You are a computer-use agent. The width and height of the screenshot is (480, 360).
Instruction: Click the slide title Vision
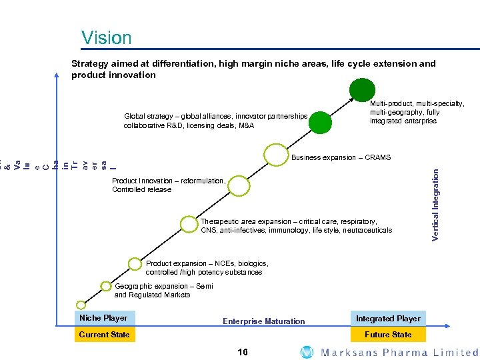pyautogui.click(x=107, y=37)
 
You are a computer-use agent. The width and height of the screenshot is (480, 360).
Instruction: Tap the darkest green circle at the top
pyautogui.click(x=363, y=89)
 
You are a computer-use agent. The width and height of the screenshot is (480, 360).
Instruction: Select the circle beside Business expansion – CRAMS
pyautogui.click(x=275, y=155)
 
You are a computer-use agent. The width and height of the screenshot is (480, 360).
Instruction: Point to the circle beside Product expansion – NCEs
pyautogui.click(x=135, y=264)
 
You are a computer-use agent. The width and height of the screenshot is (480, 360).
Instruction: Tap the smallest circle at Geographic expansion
pyautogui.click(x=107, y=285)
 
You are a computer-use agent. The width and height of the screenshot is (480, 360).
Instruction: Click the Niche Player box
pyautogui.click(x=103, y=318)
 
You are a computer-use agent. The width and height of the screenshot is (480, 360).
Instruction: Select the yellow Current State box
pyautogui.click(x=103, y=335)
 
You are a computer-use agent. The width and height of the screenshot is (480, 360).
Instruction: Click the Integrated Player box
pyautogui.click(x=388, y=319)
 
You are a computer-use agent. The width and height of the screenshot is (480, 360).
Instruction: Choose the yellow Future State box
pyautogui.click(x=388, y=335)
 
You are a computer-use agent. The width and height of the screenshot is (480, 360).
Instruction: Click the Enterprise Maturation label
pyautogui.click(x=263, y=321)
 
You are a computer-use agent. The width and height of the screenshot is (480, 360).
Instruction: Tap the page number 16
pyautogui.click(x=242, y=352)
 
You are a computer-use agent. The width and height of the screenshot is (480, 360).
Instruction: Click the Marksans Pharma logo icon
pyautogui.click(x=307, y=352)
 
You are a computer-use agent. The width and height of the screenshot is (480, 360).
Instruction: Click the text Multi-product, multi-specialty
pyautogui.click(x=417, y=104)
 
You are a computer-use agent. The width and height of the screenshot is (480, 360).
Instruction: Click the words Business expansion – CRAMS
pyautogui.click(x=341, y=158)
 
